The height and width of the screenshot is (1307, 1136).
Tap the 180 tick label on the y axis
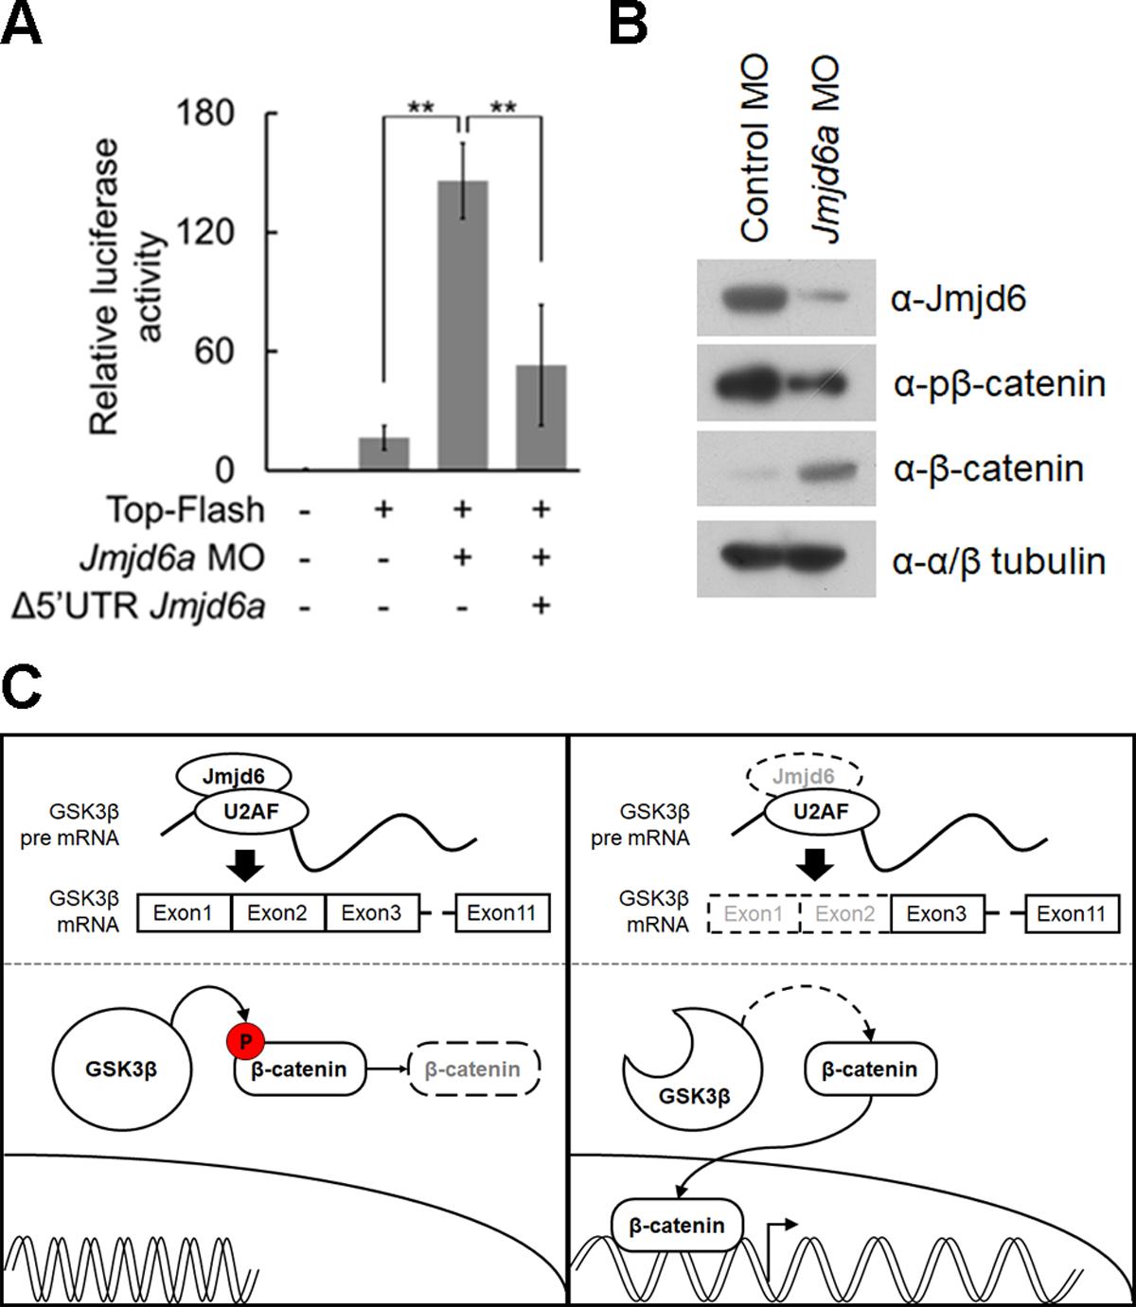click(207, 114)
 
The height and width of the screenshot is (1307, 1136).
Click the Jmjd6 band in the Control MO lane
click(747, 300)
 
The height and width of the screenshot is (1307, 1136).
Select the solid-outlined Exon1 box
click(185, 913)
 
